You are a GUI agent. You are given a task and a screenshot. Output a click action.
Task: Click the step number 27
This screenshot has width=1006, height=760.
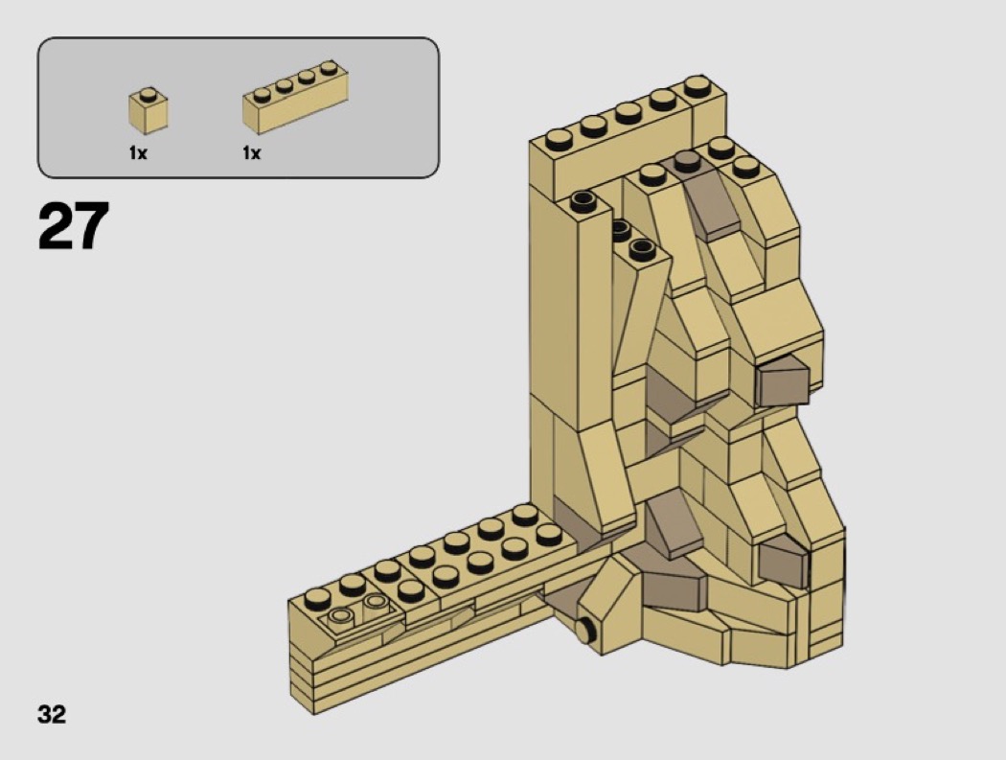(x=74, y=225)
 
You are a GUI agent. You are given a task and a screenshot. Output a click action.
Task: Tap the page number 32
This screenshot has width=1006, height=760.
(x=52, y=714)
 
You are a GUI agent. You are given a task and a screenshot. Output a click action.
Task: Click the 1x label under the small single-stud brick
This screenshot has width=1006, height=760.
(x=138, y=152)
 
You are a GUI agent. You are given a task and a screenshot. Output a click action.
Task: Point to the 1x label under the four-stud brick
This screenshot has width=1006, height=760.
(x=251, y=152)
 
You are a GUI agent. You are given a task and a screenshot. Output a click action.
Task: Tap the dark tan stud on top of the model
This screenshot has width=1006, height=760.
(x=687, y=160)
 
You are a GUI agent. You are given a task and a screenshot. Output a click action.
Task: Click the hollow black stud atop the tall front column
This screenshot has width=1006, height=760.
(x=583, y=201)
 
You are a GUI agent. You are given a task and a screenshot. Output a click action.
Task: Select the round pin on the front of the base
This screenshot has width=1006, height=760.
(x=584, y=630)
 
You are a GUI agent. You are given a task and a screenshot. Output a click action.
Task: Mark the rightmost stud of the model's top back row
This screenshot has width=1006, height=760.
(x=697, y=86)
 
